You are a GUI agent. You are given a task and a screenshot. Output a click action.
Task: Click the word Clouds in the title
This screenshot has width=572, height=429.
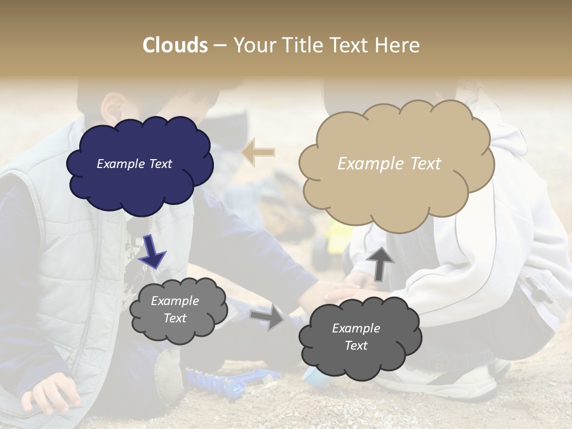click(175, 45)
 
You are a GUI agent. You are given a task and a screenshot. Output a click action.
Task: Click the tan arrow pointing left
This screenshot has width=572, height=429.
click(258, 152)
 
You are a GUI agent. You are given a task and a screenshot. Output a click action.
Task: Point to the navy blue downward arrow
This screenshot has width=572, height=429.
click(153, 251)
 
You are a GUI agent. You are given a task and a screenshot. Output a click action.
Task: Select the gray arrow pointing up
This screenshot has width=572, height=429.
click(380, 263)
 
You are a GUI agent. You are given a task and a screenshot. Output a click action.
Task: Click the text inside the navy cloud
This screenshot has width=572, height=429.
click(134, 164)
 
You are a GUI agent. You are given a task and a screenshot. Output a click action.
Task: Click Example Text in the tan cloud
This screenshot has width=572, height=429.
click(389, 164)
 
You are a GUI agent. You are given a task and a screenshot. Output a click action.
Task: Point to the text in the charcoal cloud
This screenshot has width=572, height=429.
click(356, 337)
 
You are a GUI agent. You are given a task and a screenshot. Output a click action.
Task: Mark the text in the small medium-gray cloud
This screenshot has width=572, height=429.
click(175, 309)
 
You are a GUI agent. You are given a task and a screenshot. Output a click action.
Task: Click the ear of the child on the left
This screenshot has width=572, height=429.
click(111, 107)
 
